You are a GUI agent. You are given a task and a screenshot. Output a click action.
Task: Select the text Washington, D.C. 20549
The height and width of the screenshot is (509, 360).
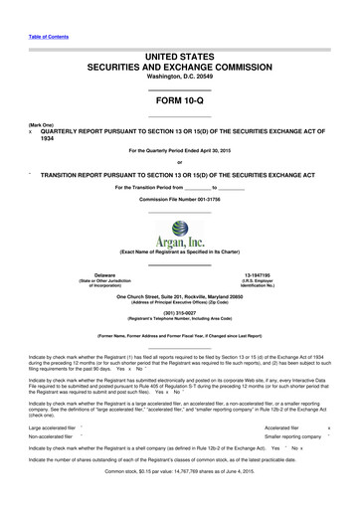(x=179, y=76)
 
